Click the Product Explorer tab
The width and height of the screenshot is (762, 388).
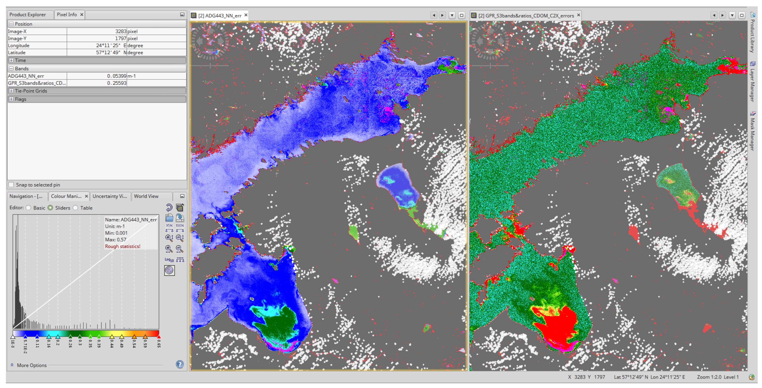[x=27, y=14]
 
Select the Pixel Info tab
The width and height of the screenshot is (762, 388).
[x=67, y=14]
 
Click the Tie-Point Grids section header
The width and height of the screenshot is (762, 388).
[x=31, y=91]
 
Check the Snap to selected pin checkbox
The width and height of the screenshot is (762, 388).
[x=11, y=185]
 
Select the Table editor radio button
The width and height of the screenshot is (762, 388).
[x=76, y=208]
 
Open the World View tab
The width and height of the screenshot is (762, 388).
[x=146, y=196]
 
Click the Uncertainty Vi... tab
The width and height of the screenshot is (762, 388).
[x=109, y=196]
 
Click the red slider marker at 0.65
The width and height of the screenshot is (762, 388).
[x=159, y=337]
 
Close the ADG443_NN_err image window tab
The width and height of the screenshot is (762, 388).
[x=246, y=15]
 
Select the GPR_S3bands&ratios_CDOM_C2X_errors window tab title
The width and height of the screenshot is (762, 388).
[x=526, y=16]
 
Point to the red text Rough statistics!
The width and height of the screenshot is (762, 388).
[x=122, y=247]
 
